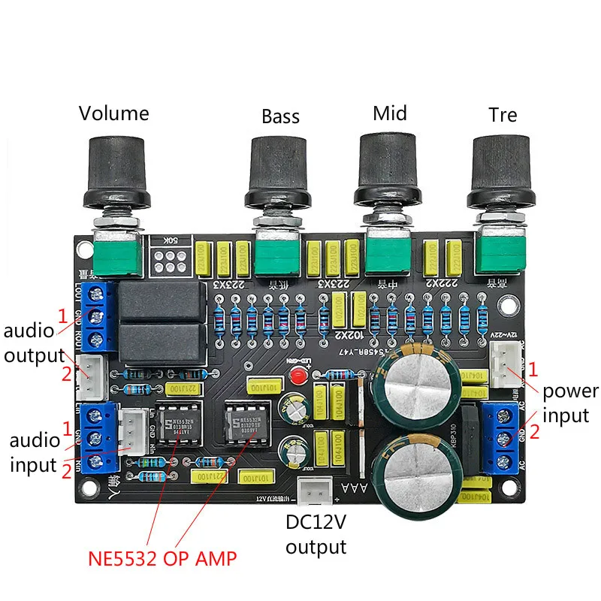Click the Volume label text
click(114, 113)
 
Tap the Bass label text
click(280, 116)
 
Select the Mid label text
click(390, 113)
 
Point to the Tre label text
click(503, 115)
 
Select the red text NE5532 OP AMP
click(162, 558)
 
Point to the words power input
click(571, 403)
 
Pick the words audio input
click(34, 453)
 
